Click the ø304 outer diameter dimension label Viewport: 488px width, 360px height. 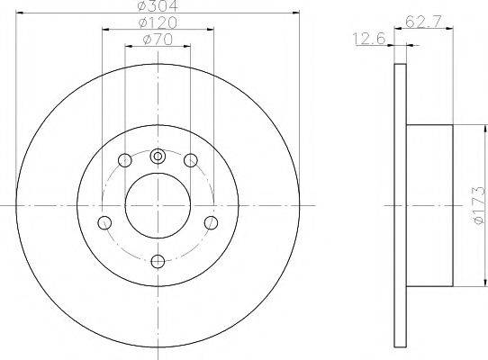pos(158,6)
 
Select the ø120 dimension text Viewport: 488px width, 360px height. pos(158,22)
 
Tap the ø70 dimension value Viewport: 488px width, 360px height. pos(158,40)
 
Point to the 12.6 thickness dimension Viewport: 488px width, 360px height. pos(365,38)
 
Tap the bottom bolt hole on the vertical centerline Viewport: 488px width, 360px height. pos(158,261)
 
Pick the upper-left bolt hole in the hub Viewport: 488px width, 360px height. pos(125,161)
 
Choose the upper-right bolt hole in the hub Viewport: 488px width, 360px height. pos(191,161)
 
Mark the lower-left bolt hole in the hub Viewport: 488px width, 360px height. pos(105,223)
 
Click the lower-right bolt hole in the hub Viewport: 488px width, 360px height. pos(212,223)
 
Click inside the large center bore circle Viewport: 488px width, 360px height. pos(158,205)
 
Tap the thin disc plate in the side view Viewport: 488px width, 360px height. pos(401,205)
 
